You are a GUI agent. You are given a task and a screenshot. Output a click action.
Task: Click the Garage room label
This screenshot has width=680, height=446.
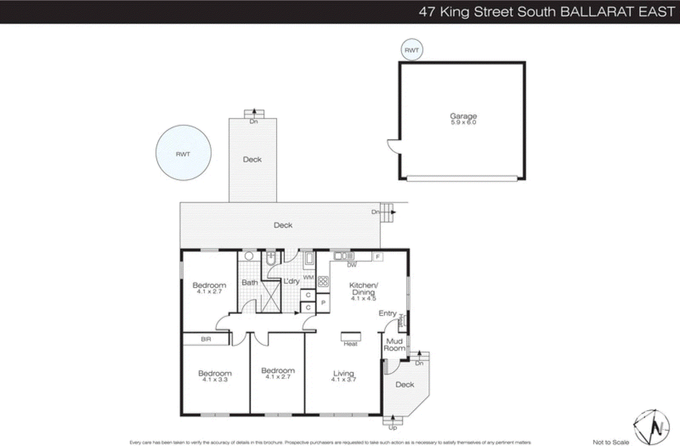coord(463,116)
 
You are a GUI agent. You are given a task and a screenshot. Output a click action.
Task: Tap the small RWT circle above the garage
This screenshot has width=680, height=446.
coord(412,50)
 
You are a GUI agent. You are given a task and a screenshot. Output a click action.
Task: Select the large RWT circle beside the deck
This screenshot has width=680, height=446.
coord(183,153)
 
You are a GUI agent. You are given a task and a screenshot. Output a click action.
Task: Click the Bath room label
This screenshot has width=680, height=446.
coord(250,282)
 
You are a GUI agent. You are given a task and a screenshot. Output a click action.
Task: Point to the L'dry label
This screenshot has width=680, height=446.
coord(292,281)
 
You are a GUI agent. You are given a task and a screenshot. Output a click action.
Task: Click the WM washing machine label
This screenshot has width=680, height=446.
coord(308,277)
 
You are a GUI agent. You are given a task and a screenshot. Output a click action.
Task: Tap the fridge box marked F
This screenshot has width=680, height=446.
coord(377,257)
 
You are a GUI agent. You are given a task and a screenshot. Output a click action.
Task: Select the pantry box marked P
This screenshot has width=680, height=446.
coord(323,303)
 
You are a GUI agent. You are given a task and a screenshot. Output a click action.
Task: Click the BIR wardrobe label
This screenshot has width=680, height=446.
coord(206,339)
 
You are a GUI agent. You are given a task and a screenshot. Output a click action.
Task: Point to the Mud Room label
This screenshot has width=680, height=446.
coord(394,344)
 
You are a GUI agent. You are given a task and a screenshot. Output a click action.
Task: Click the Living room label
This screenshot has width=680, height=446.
coord(343,373)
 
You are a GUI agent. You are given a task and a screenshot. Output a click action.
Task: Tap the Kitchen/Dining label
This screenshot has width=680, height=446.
coord(363,288)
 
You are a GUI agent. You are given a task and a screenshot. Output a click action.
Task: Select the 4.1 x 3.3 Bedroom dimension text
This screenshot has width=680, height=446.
coord(215,379)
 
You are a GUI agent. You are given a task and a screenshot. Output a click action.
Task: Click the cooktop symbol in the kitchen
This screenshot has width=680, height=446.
coord(323,281)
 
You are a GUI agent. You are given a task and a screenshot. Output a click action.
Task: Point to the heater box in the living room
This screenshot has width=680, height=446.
coord(351,337)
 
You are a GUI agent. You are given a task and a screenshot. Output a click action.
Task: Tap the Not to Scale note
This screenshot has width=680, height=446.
coord(611,442)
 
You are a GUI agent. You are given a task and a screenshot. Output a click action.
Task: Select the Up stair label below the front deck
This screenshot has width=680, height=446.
coord(393,428)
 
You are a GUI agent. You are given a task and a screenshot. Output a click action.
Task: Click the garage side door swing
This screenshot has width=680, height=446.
coord(394,147)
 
